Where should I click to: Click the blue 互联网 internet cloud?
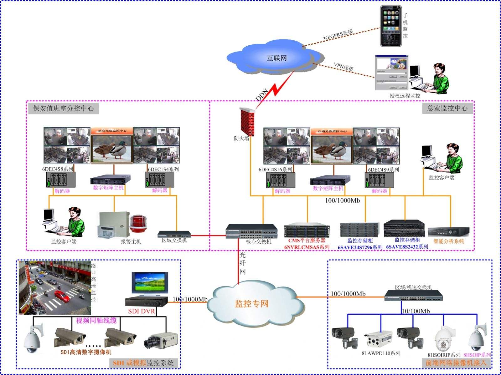(276, 58)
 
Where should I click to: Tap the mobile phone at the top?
(391, 26)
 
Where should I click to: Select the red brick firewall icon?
(247, 122)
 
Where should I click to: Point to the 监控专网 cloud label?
(252, 304)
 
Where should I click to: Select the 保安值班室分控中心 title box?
(63, 109)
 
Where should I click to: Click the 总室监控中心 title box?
(447, 108)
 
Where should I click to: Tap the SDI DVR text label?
(141, 311)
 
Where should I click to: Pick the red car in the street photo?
(62, 296)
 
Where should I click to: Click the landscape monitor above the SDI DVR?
(150, 284)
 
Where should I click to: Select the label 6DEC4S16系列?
(275, 170)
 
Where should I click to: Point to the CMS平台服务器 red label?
(307, 241)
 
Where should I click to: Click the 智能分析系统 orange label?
(449, 241)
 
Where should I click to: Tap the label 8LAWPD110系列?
(381, 353)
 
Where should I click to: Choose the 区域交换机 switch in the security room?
(174, 235)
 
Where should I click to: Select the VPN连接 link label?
(343, 67)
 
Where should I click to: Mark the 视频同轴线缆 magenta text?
(96, 321)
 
